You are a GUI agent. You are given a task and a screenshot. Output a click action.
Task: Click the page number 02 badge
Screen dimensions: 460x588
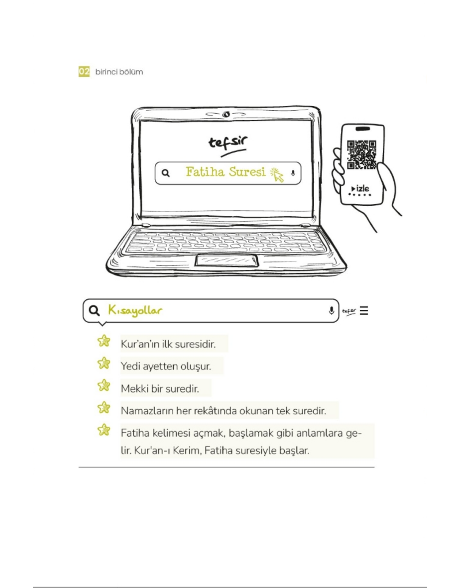pos(84,71)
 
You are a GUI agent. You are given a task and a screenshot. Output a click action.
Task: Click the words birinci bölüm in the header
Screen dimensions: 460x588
pos(119,72)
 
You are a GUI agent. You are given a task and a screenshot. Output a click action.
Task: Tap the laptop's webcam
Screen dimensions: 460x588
pos(226,114)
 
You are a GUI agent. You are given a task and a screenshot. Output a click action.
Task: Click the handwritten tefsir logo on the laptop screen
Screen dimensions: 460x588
pos(228,145)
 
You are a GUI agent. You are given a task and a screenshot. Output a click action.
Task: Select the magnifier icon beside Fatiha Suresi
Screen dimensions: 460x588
pos(166,173)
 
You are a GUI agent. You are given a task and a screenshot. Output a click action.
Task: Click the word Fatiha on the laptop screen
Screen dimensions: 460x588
pos(205,172)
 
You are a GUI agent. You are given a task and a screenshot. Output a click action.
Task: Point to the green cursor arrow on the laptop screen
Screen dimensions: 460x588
pos(278,175)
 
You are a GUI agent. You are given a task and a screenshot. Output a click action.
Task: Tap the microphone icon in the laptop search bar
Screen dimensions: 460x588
pos(293,173)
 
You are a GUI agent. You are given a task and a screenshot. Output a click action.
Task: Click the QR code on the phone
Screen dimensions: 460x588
pos(362,154)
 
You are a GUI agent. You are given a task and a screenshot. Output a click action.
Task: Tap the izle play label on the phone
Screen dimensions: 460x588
pos(360,189)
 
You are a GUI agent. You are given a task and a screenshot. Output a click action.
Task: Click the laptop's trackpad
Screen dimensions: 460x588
pos(227,260)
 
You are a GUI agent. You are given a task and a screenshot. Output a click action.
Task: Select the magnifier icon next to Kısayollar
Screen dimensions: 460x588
pos(94,310)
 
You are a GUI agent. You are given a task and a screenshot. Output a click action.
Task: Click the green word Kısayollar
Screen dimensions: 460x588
pos(135,311)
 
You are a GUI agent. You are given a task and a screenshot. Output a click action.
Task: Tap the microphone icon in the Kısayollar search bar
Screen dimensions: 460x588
pos(331,310)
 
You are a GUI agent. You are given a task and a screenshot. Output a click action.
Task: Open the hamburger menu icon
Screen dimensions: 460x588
pos(364,311)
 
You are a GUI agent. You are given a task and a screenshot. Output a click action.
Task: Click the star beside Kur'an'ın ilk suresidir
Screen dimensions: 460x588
pos(104,341)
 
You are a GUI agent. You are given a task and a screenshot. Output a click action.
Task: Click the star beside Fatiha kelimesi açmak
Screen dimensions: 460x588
pos(104,430)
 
